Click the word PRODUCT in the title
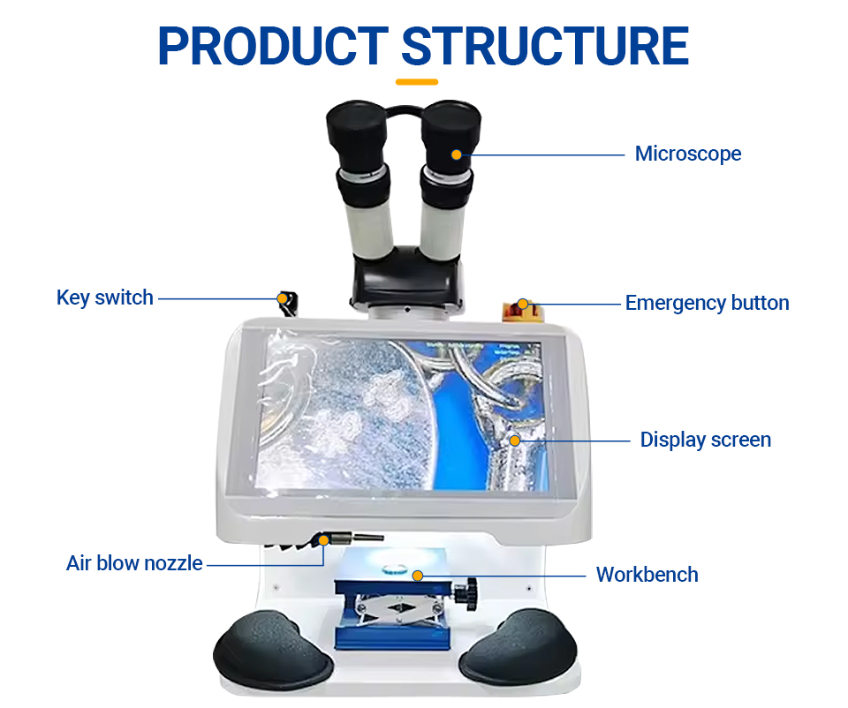273,46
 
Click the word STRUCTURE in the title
545,46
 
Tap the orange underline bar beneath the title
416,82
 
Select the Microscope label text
688,154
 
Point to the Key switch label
105,298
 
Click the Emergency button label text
707,303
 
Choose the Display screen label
705,440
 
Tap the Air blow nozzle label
134,563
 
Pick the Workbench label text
647,575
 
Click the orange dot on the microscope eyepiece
457,154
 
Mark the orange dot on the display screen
515,441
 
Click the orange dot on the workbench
418,576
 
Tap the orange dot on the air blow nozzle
323,540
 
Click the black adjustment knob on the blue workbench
466,594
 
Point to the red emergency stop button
520,310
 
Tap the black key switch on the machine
288,304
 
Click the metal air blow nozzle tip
368,538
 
